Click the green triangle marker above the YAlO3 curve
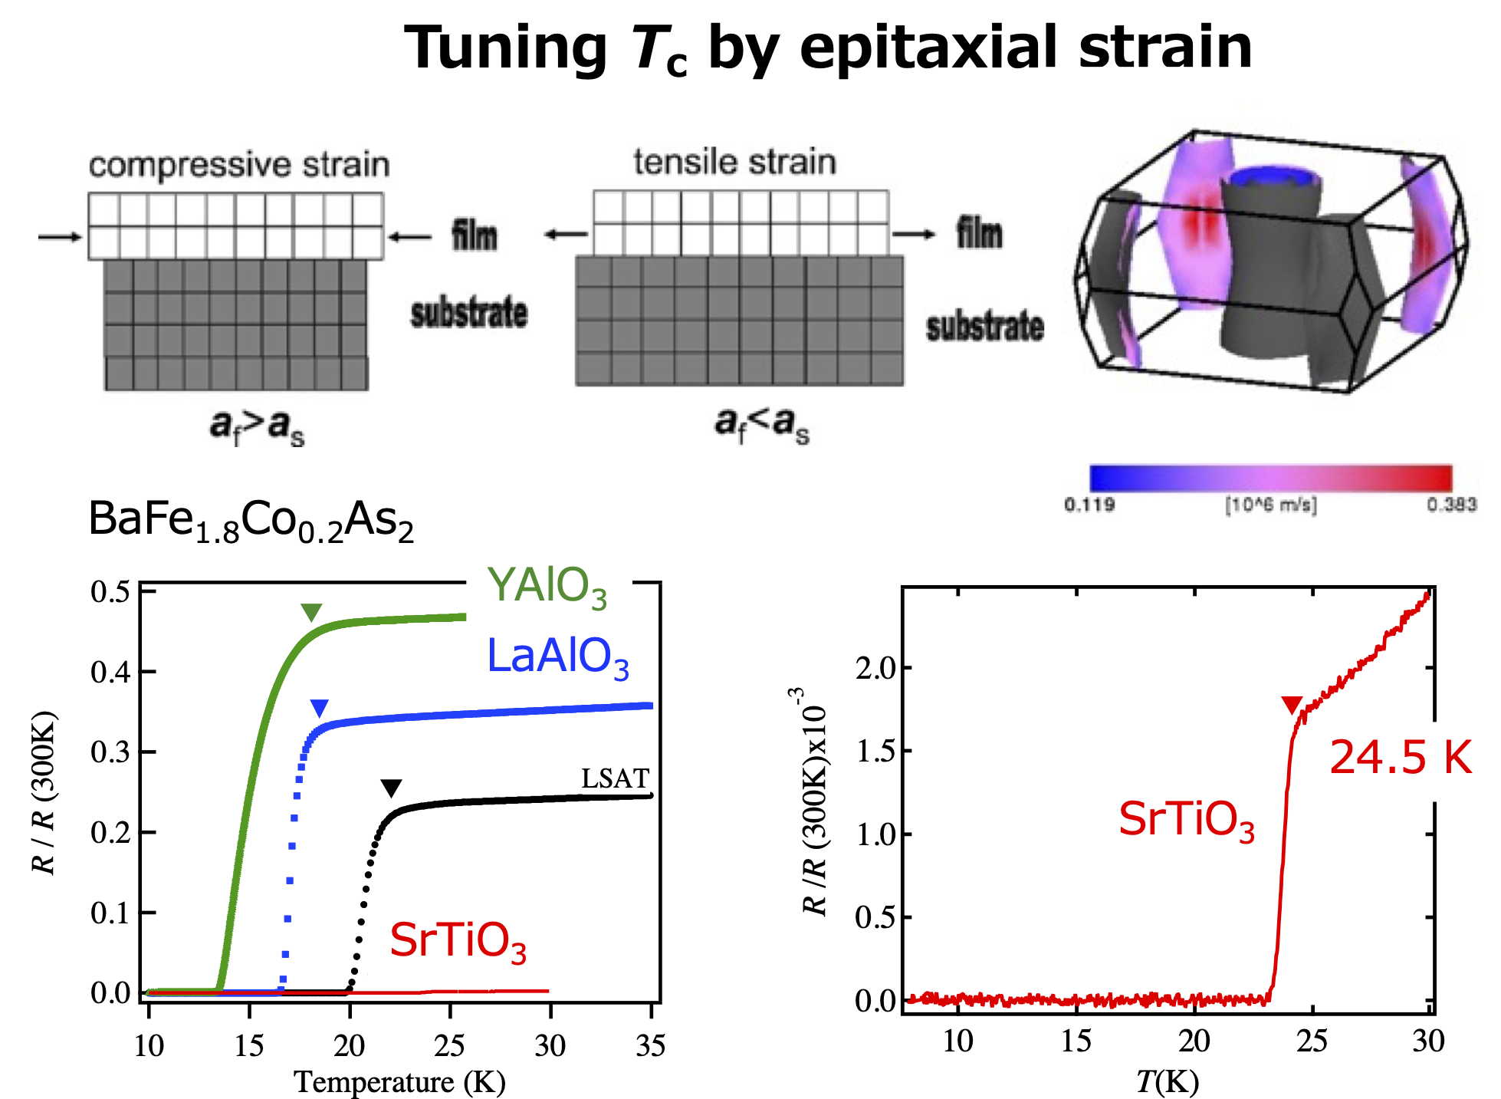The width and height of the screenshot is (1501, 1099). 311,611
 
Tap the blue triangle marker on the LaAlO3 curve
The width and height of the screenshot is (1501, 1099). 319,707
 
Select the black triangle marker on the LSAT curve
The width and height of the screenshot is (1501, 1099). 391,788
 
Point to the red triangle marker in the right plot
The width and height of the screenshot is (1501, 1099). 1292,704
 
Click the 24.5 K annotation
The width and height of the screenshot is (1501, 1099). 1400,757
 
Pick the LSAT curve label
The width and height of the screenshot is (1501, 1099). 615,778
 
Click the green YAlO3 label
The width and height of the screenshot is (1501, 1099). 547,587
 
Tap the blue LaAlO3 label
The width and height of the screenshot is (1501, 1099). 557,658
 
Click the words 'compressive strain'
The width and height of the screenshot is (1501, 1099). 239,165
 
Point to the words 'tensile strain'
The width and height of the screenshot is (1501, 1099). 734,162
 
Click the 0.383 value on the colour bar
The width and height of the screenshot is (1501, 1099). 1451,504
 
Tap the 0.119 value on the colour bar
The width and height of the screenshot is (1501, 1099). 1089,504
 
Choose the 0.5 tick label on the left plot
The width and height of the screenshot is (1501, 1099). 110,592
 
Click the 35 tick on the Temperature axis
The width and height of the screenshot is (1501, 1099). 650,1045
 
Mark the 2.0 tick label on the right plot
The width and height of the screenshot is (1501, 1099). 875,668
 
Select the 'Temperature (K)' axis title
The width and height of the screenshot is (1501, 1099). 399,1081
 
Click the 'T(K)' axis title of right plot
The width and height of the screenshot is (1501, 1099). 1167,1081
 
